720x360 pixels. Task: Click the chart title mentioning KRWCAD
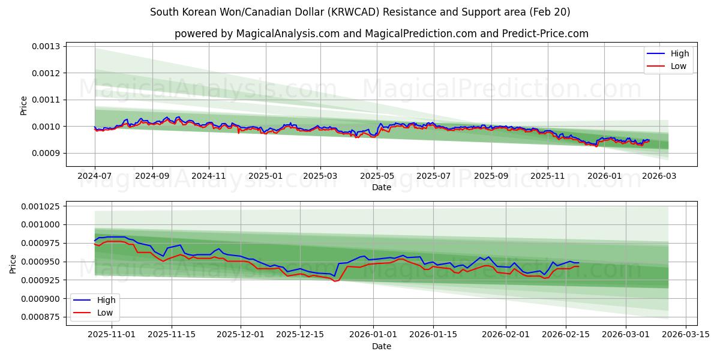(360, 12)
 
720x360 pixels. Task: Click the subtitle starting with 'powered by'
(382, 34)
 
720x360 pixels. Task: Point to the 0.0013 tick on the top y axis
(46, 47)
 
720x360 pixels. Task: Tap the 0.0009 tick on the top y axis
(46, 154)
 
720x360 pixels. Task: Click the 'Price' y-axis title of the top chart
(24, 106)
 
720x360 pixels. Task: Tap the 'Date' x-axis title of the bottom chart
(382, 346)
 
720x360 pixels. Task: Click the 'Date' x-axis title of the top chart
(382, 187)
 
